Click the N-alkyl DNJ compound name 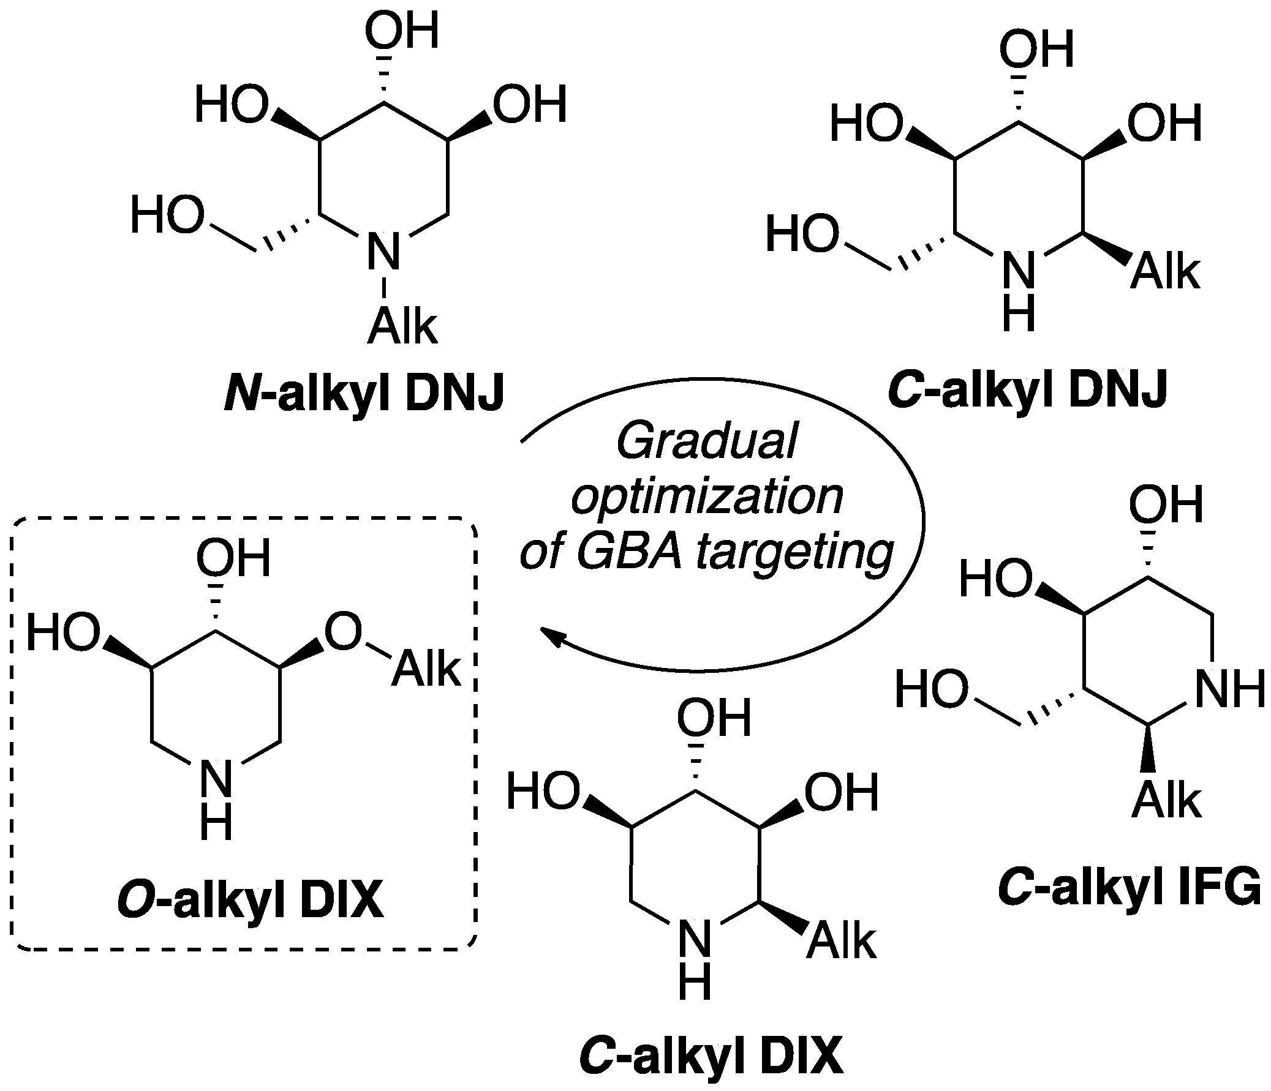[x=363, y=394]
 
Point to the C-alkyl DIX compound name [x=712, y=1056]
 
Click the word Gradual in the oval [x=706, y=441]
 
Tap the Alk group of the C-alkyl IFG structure [x=1166, y=801]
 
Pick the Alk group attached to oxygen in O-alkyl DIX [x=426, y=669]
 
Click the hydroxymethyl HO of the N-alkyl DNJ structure [x=167, y=216]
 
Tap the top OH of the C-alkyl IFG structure [x=1166, y=505]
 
